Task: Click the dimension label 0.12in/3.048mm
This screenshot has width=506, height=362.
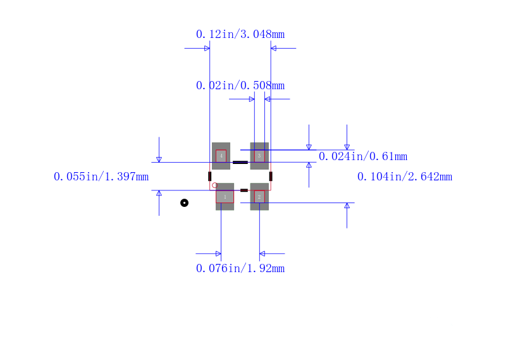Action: click(240, 34)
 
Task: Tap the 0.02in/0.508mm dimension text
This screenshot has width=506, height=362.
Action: click(240, 85)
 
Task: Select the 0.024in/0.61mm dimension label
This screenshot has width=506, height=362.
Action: click(363, 156)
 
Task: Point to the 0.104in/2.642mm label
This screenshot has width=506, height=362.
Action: click(405, 177)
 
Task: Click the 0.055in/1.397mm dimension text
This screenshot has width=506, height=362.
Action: click(101, 177)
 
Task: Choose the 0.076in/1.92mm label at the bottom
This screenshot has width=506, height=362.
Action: click(240, 268)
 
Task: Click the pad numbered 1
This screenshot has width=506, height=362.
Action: click(225, 197)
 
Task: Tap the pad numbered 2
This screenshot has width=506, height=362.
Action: click(259, 197)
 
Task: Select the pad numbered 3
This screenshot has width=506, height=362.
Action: click(259, 156)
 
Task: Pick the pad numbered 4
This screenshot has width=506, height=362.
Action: click(221, 156)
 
